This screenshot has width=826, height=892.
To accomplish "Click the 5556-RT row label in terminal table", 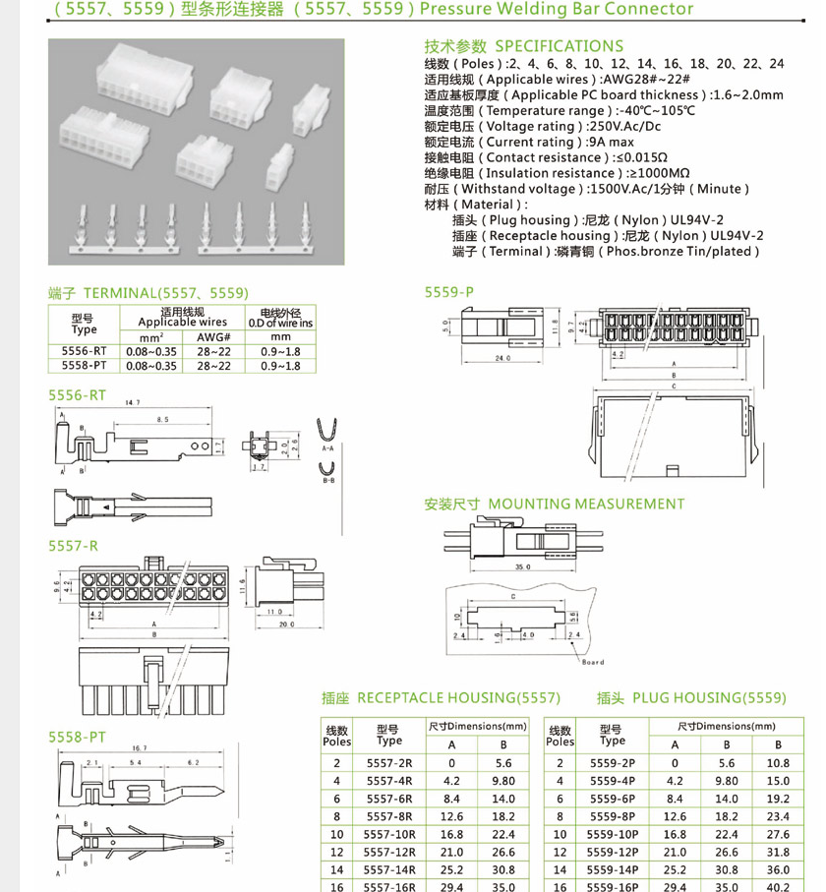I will coord(84,351).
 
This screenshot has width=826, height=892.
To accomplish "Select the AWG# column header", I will coord(213,336).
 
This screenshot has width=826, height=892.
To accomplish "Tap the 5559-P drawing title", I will coord(448,292).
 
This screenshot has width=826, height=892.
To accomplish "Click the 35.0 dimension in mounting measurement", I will coord(521,567).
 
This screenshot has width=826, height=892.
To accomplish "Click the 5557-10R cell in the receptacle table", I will coord(389,833).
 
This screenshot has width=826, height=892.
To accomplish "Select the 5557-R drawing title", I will coord(74,545).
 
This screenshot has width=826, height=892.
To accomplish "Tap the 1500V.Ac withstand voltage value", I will coord(631,189).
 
